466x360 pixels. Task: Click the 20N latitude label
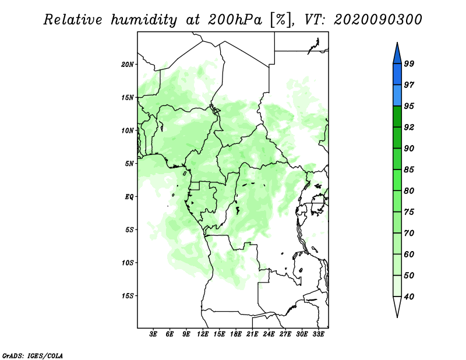point(128,65)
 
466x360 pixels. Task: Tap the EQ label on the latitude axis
point(129,197)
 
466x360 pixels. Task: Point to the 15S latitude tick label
point(128,296)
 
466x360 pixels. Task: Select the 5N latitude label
point(129,164)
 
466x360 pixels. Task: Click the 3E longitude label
point(153,334)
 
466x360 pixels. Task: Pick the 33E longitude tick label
point(318,334)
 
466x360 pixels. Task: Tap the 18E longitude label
point(236,334)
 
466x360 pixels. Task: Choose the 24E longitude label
point(269,334)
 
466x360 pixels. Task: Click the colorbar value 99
point(409,63)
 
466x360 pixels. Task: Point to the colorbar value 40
point(409,297)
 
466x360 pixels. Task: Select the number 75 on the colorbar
point(409,212)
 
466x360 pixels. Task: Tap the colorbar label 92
point(409,127)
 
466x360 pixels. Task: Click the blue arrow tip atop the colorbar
point(397,43)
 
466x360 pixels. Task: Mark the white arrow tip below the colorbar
point(397,317)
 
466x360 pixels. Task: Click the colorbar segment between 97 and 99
point(397,75)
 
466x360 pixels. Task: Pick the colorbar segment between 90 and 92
point(397,137)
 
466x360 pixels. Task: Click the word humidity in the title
point(144,20)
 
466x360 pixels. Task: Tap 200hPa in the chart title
point(235,20)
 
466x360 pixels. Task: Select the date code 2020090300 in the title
point(377,20)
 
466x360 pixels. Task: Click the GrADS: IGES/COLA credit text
point(33,355)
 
